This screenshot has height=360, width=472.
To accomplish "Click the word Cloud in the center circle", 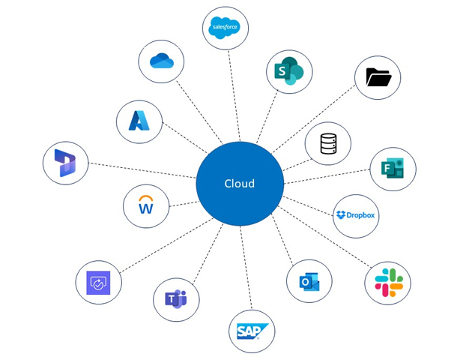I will click(240, 184).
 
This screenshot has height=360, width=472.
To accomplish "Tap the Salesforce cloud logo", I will click(226, 28).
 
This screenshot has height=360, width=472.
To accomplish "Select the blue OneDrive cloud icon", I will click(161, 61).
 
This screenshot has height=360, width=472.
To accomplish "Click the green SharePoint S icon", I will click(289, 72).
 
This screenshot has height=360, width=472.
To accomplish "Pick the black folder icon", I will click(378, 77).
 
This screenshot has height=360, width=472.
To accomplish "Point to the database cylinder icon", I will click(328, 143).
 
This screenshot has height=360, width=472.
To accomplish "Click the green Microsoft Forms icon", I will click(393, 169).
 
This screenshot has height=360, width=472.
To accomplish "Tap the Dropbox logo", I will click(356, 216).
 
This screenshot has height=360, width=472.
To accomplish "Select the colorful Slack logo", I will click(388, 283).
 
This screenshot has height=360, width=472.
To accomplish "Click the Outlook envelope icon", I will click(309, 282).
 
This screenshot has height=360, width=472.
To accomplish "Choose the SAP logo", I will click(252, 331).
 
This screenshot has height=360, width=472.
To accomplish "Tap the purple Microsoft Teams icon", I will click(176, 299).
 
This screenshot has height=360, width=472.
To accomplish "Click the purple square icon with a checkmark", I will click(98, 283).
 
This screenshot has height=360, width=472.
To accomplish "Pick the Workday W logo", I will click(146, 205).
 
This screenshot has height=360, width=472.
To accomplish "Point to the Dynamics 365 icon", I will click(65, 163).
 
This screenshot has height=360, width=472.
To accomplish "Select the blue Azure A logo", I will click(139, 121).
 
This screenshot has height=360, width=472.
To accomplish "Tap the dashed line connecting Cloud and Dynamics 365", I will click(142, 171).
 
